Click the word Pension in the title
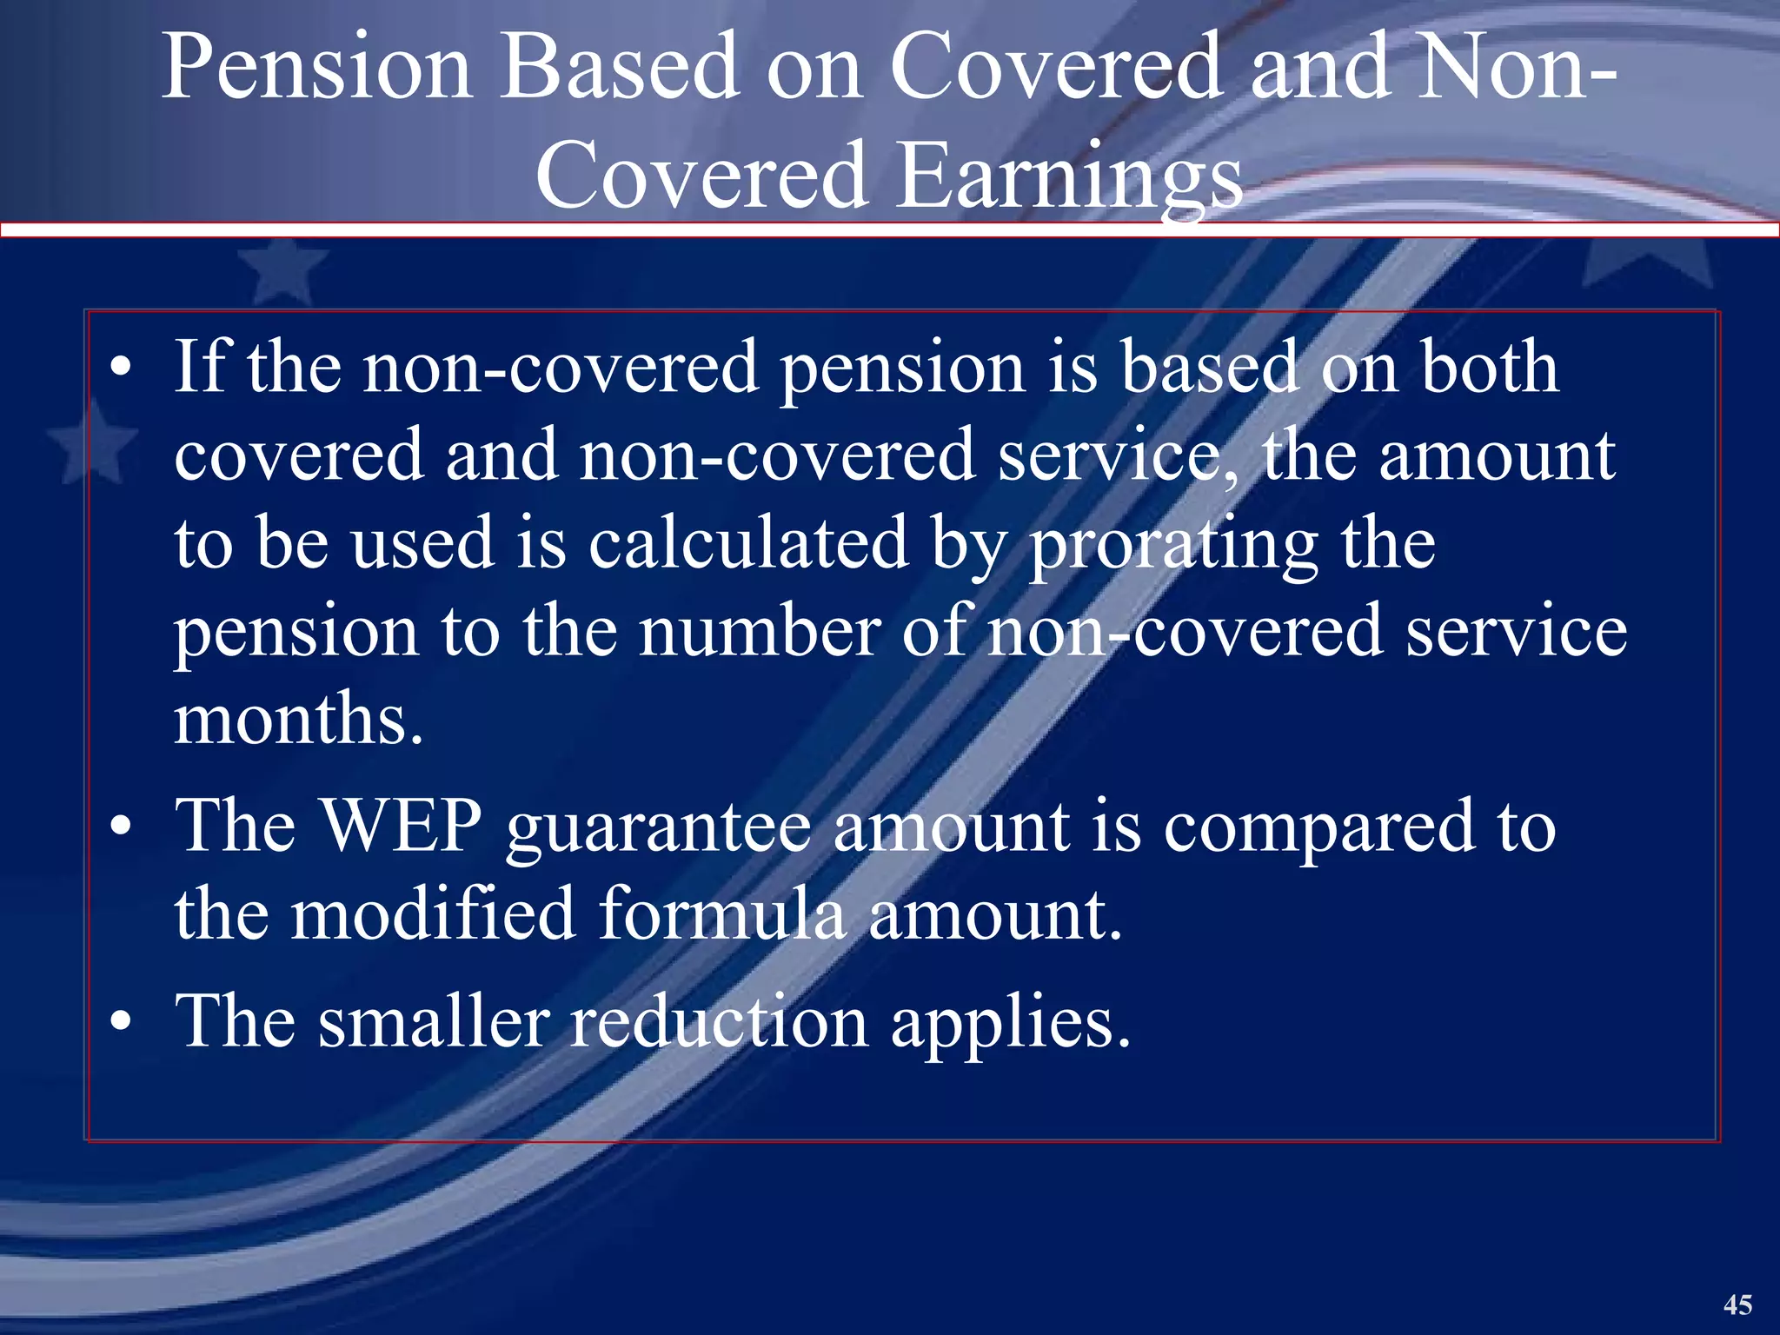tap(317, 68)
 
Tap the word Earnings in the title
tap(1069, 177)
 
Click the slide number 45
tap(1737, 1305)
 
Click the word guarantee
tap(658, 830)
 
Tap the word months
tap(298, 720)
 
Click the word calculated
tap(748, 542)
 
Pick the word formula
tap(722, 914)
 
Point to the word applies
tap(1011, 1024)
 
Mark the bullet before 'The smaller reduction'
tap(121, 1022)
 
